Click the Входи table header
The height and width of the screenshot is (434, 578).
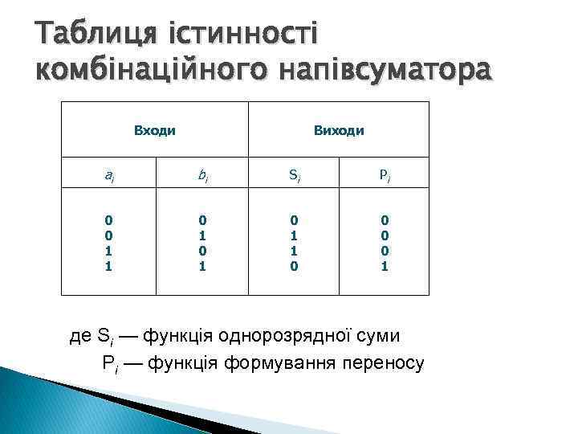154,129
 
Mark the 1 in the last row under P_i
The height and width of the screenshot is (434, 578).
385,266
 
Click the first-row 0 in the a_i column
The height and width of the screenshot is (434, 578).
109,220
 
